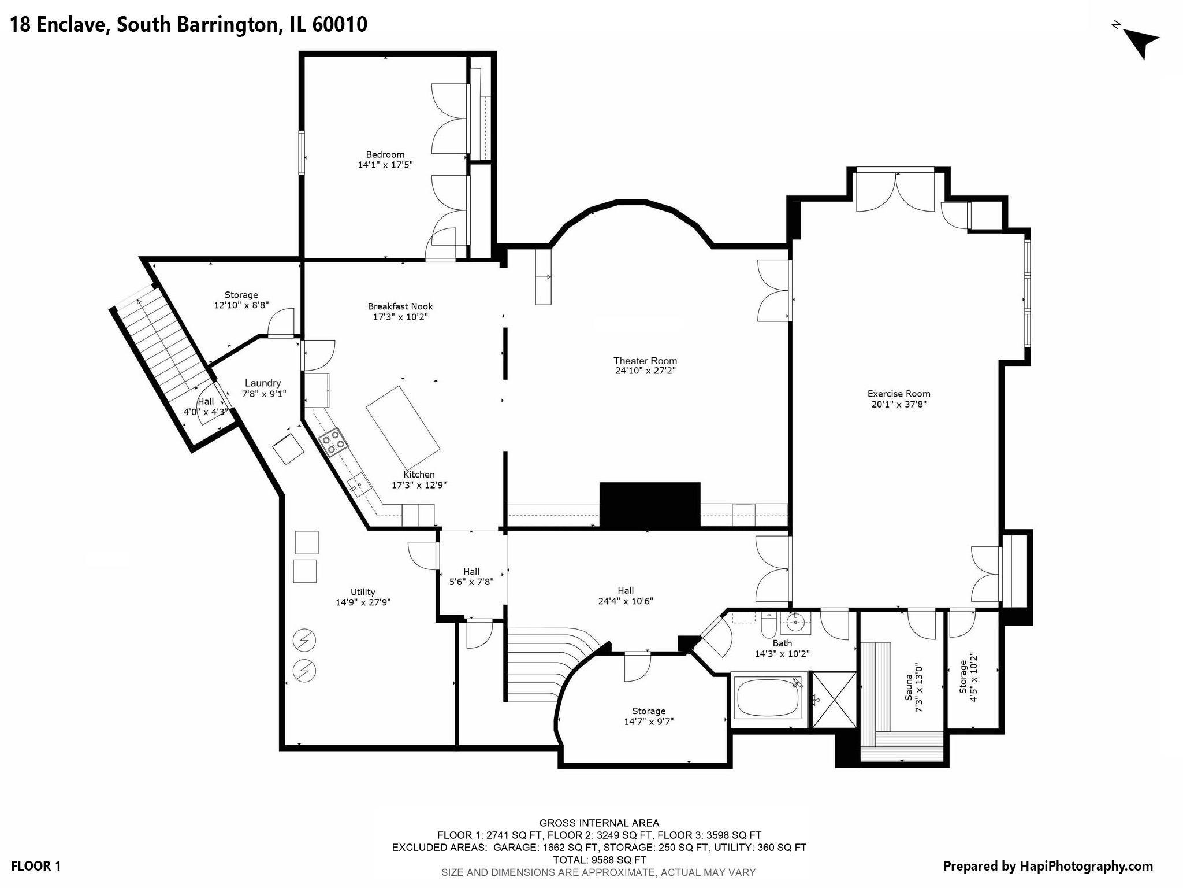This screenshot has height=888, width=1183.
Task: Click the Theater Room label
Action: [645, 361]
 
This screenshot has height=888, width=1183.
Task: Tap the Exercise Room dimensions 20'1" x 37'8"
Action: [899, 405]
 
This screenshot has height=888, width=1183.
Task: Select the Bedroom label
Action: [385, 154]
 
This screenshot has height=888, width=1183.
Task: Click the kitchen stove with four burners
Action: [334, 442]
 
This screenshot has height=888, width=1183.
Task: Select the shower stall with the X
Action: [834, 700]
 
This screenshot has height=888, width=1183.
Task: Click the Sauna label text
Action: [908, 687]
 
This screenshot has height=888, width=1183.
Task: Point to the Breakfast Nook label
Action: [400, 306]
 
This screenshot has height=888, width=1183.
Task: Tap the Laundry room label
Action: [263, 383]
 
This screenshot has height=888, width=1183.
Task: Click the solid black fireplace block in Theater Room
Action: [649, 504]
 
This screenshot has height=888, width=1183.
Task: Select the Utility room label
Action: [363, 591]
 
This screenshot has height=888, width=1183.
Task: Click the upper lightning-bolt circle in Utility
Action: [304, 640]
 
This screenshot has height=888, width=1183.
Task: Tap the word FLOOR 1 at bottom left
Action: [36, 866]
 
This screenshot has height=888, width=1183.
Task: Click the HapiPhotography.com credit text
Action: [1048, 866]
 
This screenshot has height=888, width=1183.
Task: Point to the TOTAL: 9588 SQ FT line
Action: [598, 860]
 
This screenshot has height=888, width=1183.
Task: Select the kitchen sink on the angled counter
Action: [359, 483]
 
